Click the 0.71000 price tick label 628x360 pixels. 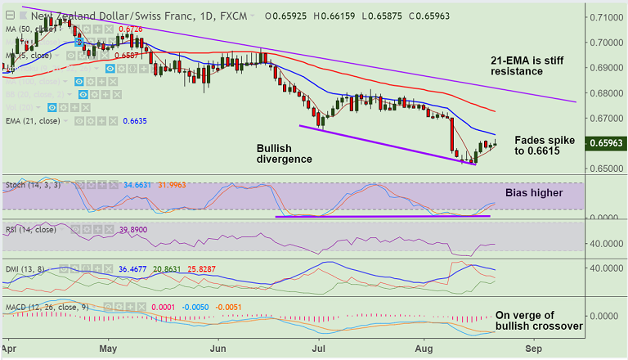coord(606,16)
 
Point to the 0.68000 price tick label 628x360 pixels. coord(606,92)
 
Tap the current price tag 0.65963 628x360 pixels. coord(606,143)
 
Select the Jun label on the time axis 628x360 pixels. coord(218,347)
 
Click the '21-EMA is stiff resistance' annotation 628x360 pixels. coord(528,65)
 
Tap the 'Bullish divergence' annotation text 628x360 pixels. coord(284,153)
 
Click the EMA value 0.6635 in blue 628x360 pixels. coord(135,121)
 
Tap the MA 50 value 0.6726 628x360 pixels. coord(132,29)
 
